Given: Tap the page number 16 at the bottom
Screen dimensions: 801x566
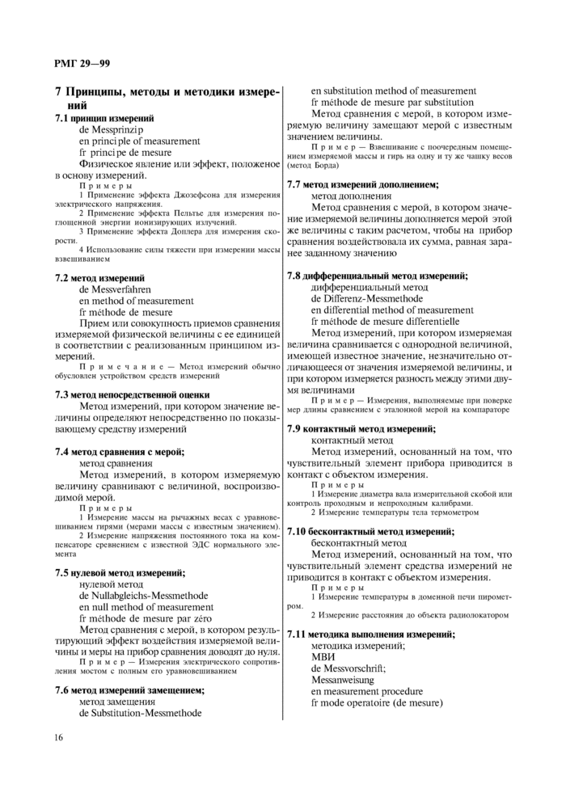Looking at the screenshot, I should tap(59, 736).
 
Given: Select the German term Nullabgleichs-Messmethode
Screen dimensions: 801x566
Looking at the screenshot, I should tap(144, 595).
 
